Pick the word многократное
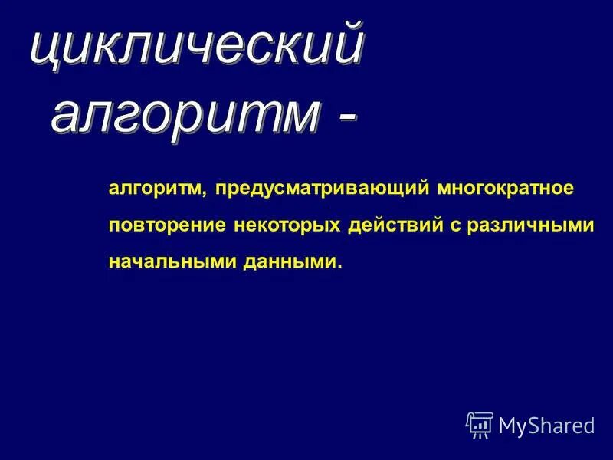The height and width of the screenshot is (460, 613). click(506, 189)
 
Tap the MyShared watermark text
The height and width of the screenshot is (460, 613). click(546, 425)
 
